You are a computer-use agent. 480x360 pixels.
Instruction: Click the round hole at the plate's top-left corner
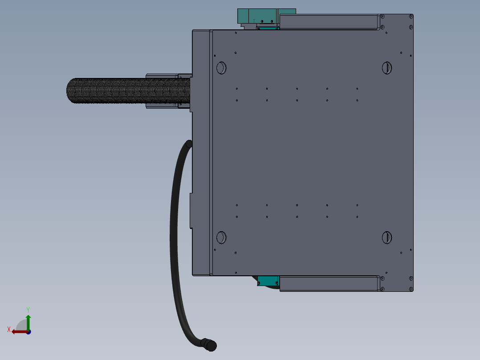(x=221, y=68)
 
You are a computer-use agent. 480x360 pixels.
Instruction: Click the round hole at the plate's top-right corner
(x=387, y=68)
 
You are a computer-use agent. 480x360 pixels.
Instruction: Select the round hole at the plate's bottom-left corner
(x=221, y=237)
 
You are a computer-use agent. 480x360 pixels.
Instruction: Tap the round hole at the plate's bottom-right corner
(x=387, y=237)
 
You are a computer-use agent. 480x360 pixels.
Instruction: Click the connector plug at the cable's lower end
(x=209, y=344)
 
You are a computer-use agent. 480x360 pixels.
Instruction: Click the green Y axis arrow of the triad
(x=28, y=320)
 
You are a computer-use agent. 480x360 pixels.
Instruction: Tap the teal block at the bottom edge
(x=268, y=281)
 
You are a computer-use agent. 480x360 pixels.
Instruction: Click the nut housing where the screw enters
(x=163, y=91)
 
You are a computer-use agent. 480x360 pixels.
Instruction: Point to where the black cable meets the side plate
(x=189, y=144)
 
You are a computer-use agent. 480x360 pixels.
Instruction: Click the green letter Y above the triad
(x=28, y=309)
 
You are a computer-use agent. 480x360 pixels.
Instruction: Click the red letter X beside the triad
(x=9, y=329)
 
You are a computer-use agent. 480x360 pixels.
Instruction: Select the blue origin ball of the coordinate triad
(x=28, y=331)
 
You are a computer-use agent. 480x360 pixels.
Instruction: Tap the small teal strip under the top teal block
(x=268, y=29)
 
